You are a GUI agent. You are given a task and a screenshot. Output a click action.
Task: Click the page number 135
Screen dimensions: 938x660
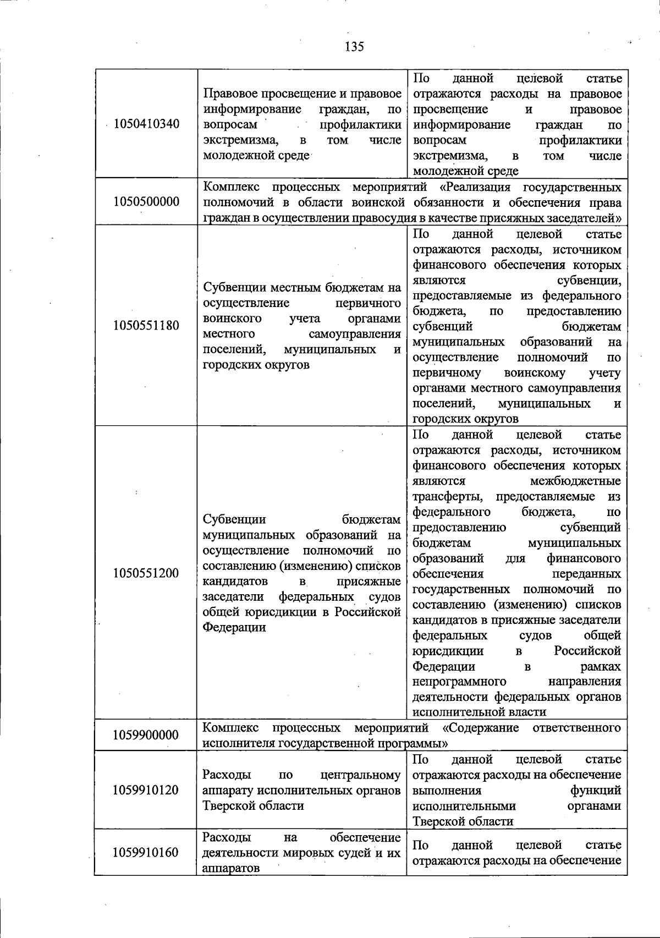click(x=354, y=47)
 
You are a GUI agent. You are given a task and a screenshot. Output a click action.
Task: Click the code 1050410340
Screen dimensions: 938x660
click(x=146, y=124)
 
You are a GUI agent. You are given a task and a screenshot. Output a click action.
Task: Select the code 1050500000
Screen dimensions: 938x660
click(x=146, y=201)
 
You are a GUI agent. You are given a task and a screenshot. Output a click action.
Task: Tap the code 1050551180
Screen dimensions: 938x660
click(x=146, y=325)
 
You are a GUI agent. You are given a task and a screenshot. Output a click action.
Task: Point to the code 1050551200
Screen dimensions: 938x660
click(x=146, y=573)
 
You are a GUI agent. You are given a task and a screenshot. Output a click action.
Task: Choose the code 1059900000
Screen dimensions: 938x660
click(x=146, y=735)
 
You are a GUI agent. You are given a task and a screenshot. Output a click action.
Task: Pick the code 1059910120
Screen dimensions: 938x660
click(x=146, y=790)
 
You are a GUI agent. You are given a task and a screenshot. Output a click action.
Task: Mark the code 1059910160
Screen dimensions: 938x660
click(x=146, y=852)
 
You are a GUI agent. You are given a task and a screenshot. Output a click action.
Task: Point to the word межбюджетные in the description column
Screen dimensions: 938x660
click(x=575, y=481)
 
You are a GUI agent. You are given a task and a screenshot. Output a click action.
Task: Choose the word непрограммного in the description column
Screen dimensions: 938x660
click(x=459, y=682)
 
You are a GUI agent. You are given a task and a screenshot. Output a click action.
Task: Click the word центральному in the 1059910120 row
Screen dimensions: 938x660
click(x=361, y=775)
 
